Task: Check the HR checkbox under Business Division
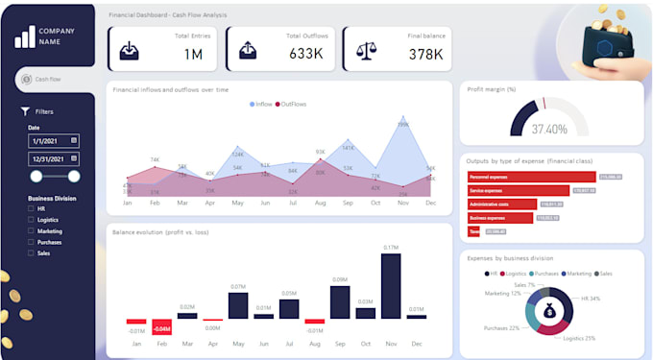32,209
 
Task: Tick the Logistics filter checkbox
32,221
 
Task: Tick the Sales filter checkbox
32,252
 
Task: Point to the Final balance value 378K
424,55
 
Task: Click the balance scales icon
365,51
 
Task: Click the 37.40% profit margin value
549,129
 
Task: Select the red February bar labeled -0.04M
161,324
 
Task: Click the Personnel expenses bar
531,177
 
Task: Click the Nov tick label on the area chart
402,204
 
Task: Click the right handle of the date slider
74,176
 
